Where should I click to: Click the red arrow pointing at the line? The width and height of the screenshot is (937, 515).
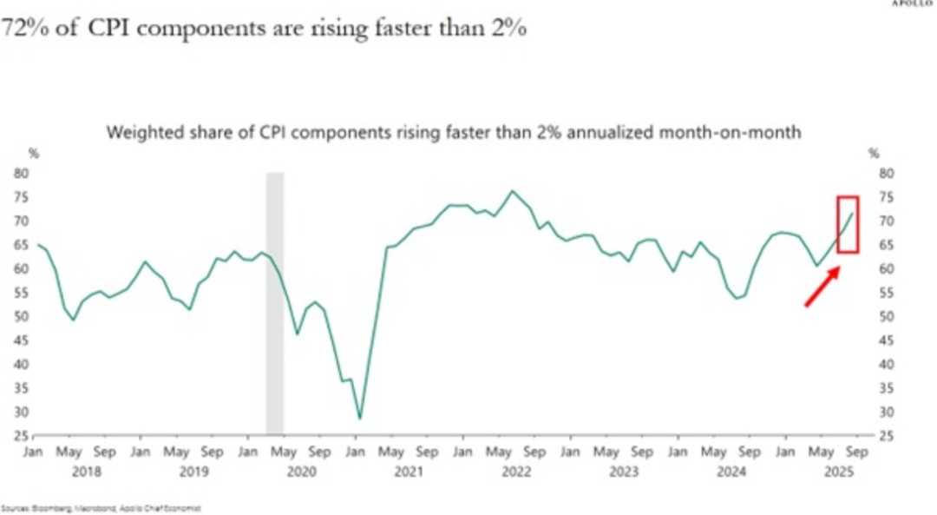822,287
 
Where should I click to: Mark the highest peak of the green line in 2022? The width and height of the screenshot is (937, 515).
512,191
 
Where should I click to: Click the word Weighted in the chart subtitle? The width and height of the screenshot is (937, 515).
137,134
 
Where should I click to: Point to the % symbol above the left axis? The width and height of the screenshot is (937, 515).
35,154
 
